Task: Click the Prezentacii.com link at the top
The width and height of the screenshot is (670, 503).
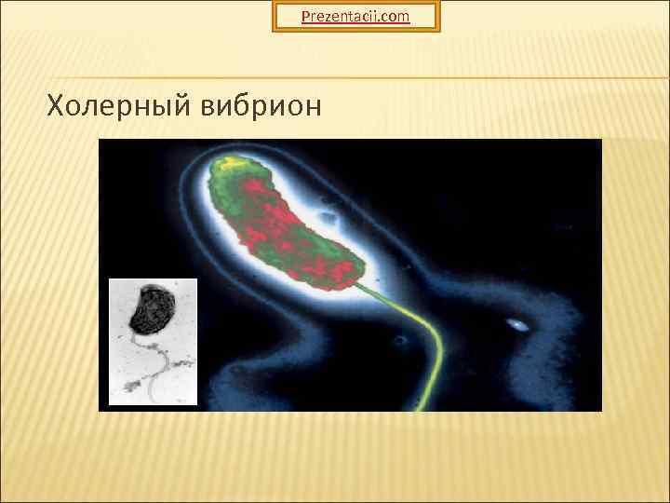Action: (355, 16)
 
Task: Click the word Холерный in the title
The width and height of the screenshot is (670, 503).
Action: (118, 107)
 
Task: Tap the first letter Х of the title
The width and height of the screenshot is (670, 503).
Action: (56, 107)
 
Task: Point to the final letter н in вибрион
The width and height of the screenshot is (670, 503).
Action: (312, 108)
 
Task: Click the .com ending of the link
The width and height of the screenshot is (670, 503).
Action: (393, 16)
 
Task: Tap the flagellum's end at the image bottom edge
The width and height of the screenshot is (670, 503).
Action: (421, 407)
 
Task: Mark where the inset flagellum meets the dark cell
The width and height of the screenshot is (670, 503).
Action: (144, 334)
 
